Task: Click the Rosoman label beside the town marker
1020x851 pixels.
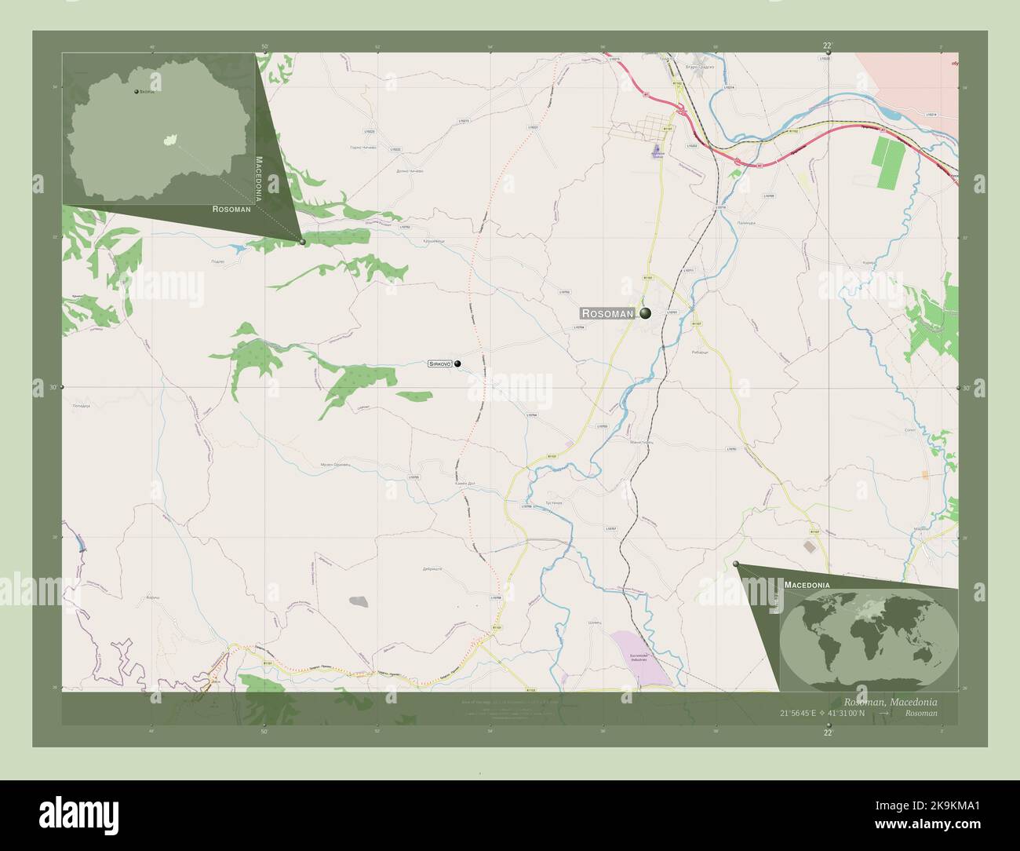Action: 607,314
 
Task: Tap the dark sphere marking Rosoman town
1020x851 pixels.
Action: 645,314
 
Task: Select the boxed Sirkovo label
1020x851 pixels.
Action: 439,364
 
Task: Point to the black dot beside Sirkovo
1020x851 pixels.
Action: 457,363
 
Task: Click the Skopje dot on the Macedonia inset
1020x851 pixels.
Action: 137,92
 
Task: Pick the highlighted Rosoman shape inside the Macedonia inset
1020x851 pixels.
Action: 168,141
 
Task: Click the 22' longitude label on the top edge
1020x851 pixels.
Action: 827,46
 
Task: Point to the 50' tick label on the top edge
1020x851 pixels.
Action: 264,47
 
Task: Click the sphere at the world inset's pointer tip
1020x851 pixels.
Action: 736,564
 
